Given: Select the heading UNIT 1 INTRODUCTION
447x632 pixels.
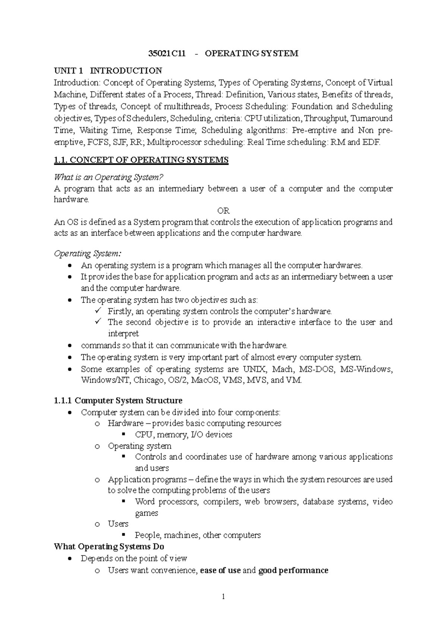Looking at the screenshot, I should point(108,71).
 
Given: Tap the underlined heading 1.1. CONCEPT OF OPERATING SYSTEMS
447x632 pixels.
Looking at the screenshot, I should point(141,160).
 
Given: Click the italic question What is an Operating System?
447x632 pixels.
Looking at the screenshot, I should point(109,177).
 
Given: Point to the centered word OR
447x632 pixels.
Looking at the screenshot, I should point(223,211).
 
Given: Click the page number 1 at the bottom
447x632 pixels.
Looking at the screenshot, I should point(223,597).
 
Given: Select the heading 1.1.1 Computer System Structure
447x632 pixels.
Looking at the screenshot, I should point(118,401).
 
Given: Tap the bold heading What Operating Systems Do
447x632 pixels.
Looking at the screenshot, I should point(109,547).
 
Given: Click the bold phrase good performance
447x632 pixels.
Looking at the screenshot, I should point(293,570).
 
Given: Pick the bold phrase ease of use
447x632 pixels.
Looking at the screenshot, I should point(220,570).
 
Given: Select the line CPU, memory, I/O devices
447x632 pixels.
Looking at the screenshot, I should point(183,434).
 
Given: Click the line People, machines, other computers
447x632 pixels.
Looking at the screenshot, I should point(197,535).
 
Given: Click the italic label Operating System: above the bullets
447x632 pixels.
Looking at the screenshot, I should point(88,254).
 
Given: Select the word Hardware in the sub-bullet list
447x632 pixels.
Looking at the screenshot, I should point(126,423).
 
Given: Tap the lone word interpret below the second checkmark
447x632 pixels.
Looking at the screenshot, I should point(123,334).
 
